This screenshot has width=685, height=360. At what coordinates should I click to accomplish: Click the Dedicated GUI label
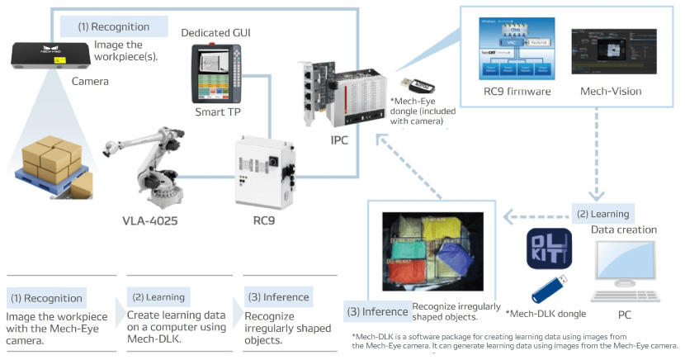[x=215, y=32]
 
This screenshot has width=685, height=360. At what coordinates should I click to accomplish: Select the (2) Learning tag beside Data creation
[x=601, y=213]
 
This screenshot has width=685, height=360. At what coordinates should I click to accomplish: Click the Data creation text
[x=625, y=229]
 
